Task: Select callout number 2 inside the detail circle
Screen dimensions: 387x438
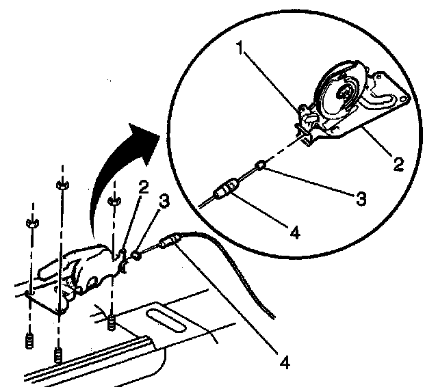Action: pyautogui.click(x=398, y=164)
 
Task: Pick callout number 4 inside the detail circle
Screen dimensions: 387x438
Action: pyautogui.click(x=294, y=232)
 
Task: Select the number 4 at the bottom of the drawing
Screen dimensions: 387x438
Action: pyautogui.click(x=283, y=360)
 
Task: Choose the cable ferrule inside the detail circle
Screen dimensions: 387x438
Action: pyautogui.click(x=226, y=189)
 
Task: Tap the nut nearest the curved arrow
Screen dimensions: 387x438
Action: pyautogui.click(x=114, y=200)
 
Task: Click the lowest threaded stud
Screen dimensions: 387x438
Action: pyautogui.click(x=59, y=356)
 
